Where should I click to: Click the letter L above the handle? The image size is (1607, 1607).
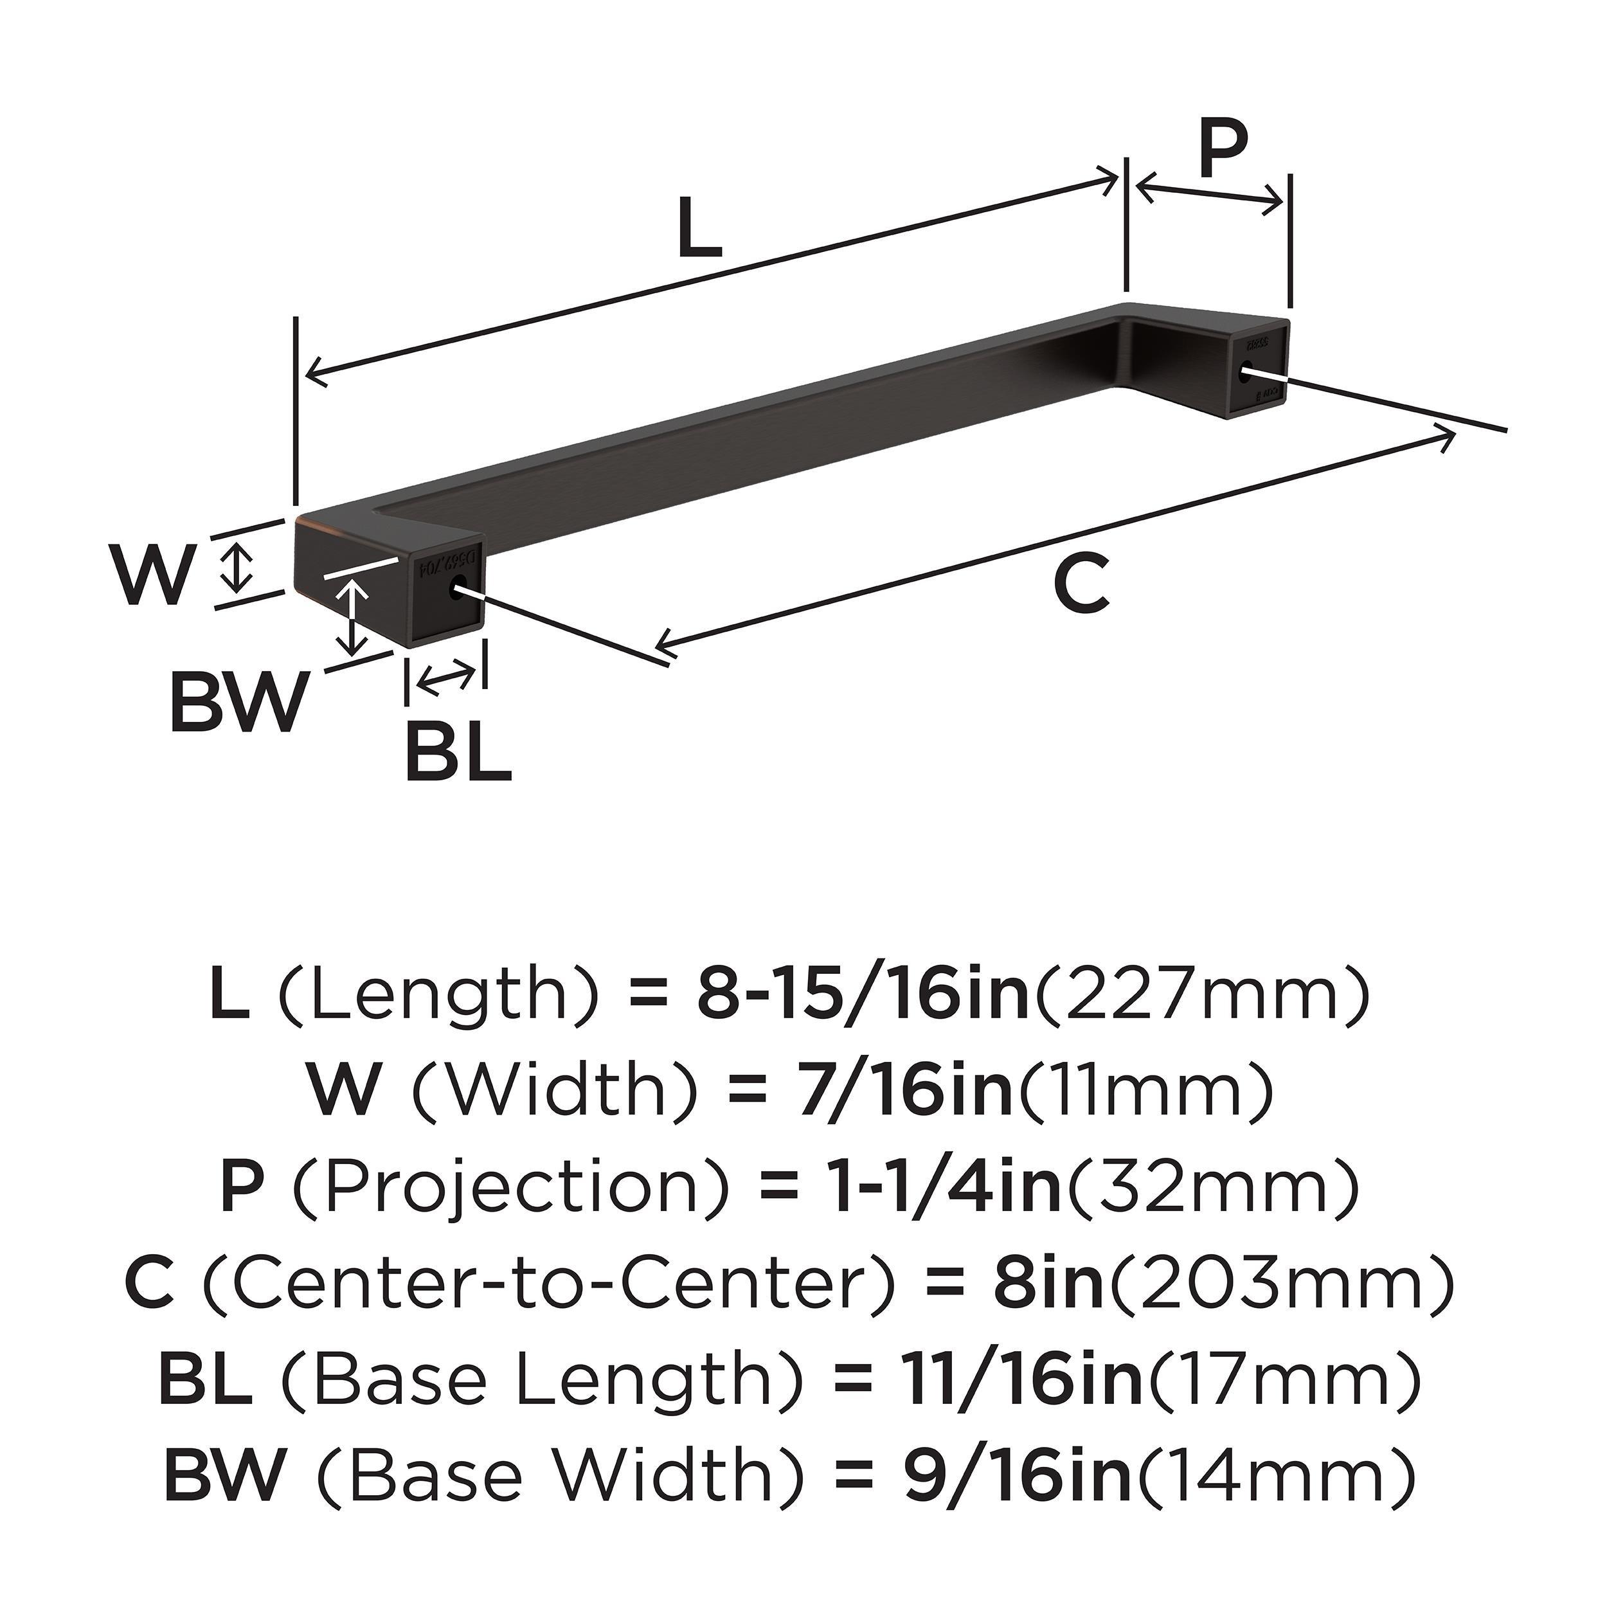(699, 229)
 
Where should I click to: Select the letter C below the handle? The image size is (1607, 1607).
(1081, 585)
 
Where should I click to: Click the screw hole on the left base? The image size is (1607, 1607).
(456, 589)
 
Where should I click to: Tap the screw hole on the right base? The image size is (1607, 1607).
(1245, 375)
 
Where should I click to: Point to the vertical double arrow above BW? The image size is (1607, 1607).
(355, 616)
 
